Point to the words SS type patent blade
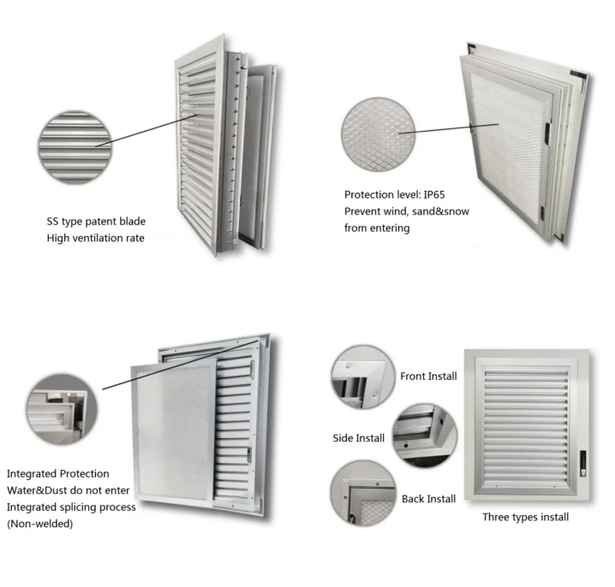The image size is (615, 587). pos(96,222)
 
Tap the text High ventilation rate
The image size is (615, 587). pos(95,238)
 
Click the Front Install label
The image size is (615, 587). pos(428,377)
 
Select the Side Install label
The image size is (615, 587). pos(358,438)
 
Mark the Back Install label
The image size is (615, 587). pos(428,499)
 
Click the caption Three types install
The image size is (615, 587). pos(525,517)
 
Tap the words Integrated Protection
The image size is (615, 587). pos(58,473)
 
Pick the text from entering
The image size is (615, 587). pos(377,228)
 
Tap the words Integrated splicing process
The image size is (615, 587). pos(71,507)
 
